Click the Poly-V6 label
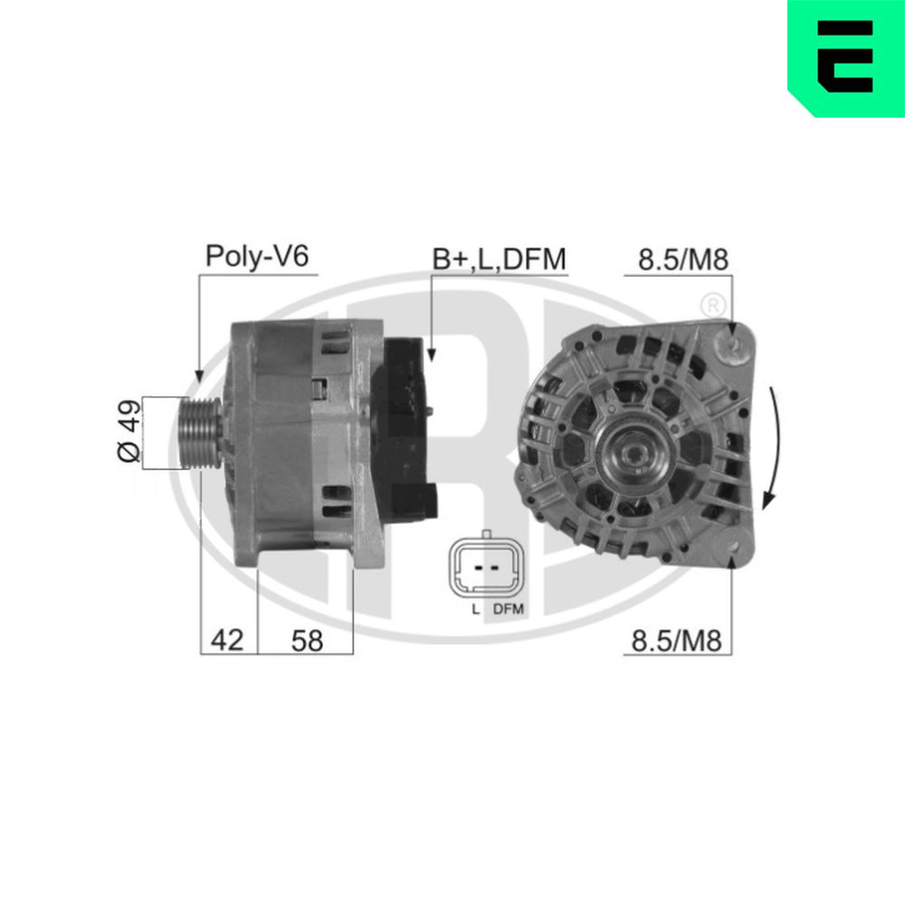[x=257, y=256]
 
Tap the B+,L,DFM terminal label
[x=499, y=259]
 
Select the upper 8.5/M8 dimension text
[x=683, y=260]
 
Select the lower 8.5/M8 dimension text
[x=677, y=642]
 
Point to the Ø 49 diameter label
[x=130, y=433]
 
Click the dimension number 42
[x=227, y=641]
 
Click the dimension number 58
[x=307, y=641]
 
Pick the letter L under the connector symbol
[x=474, y=609]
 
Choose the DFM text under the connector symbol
[x=509, y=609]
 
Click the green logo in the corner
[x=845, y=57]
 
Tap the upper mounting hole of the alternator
[x=733, y=345]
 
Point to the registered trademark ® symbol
[x=712, y=302]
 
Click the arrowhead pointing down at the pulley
[x=199, y=375]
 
